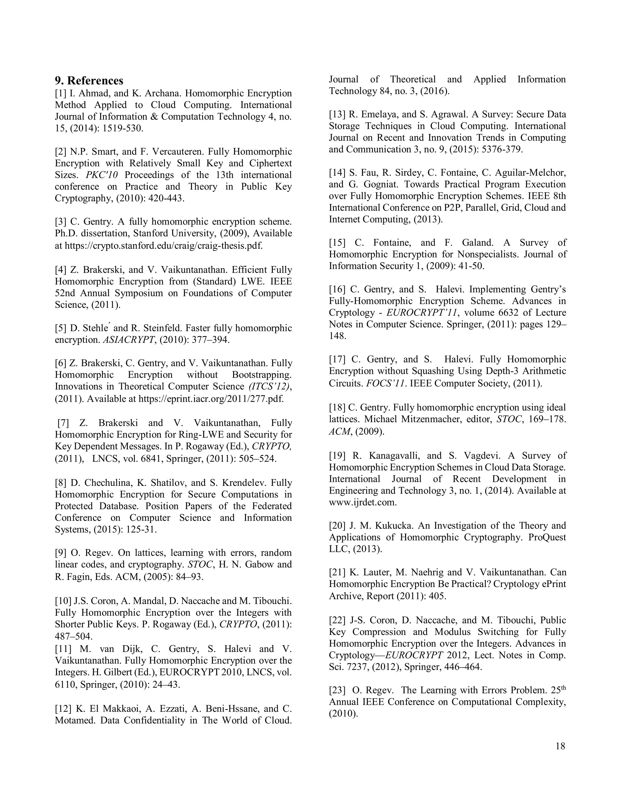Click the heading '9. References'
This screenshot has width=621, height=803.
(x=89, y=81)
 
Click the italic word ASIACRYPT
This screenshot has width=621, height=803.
(x=128, y=340)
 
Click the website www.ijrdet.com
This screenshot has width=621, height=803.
(x=362, y=502)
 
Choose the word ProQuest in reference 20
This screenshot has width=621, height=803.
(x=547, y=537)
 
